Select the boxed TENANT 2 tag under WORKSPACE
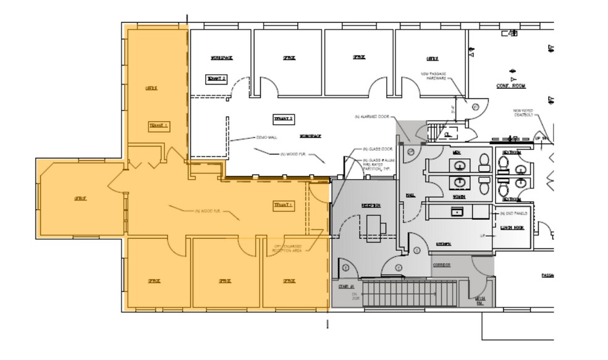pyautogui.click(x=216, y=79)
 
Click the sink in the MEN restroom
pyautogui.click(x=460, y=165)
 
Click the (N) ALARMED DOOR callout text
pyautogui.click(x=371, y=117)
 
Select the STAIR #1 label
pyautogui.click(x=345, y=287)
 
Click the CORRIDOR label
pyautogui.click(x=441, y=265)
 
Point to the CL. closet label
pyautogui.click(x=448, y=133)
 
